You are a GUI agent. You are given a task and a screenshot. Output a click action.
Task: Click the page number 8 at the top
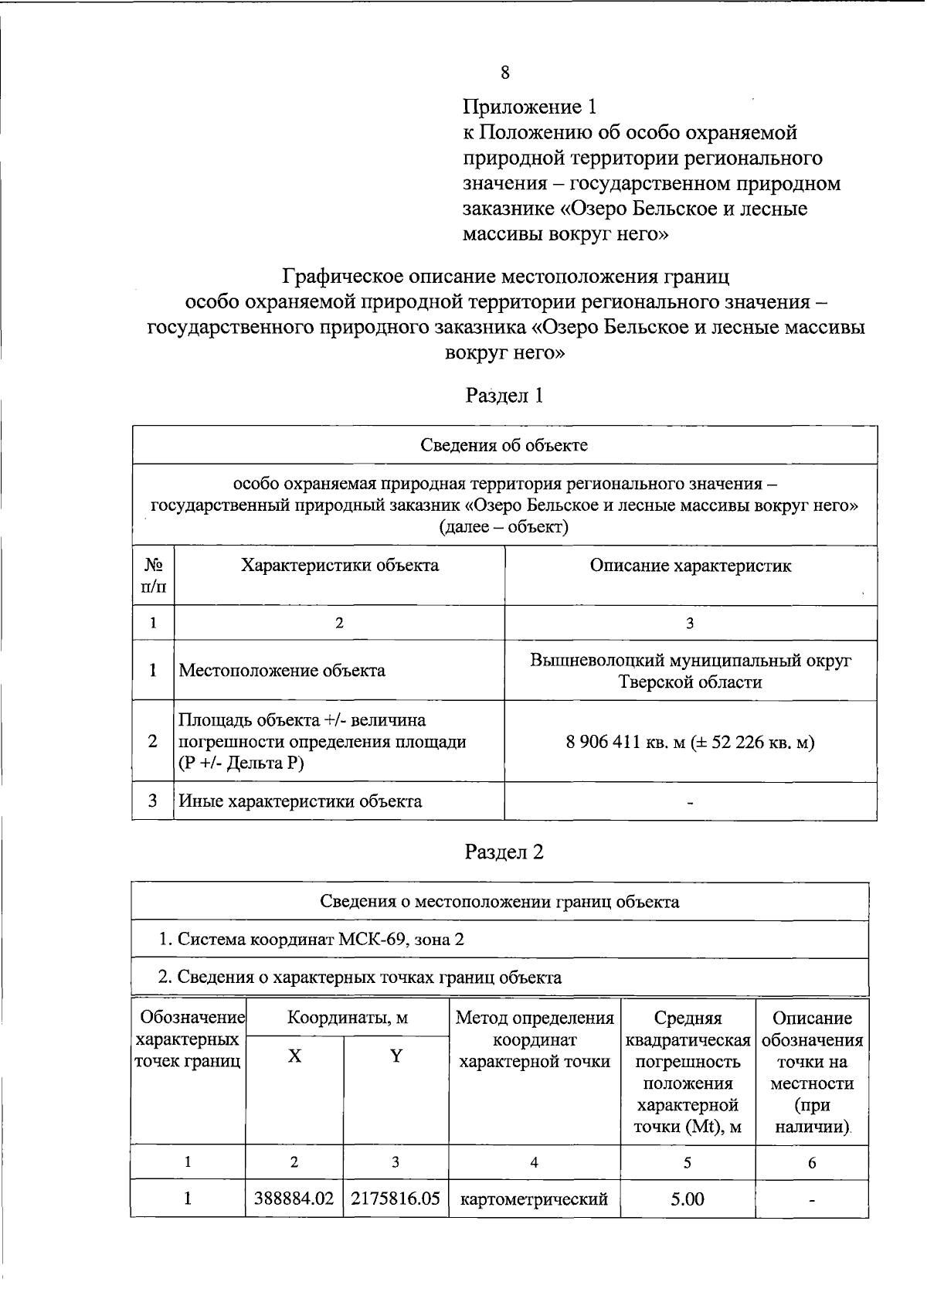[x=504, y=73]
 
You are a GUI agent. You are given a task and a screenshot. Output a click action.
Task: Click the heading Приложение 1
[x=530, y=107]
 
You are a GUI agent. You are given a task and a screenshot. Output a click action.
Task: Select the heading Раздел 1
[x=504, y=396]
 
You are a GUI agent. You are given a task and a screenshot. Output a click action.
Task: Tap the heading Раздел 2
[x=504, y=852]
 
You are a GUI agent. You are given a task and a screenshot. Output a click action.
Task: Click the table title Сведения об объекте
[x=504, y=445]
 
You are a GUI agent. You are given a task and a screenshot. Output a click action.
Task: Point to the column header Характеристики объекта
[x=339, y=566]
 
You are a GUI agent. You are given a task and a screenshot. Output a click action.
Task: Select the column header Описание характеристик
[x=690, y=566]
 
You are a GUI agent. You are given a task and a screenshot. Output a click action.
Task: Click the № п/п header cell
[x=153, y=576]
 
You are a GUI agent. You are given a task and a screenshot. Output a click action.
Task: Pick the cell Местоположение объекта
[x=282, y=671]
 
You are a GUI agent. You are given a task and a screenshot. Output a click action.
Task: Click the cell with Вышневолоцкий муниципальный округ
[x=690, y=661]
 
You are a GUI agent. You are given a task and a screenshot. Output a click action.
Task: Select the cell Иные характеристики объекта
[x=301, y=801]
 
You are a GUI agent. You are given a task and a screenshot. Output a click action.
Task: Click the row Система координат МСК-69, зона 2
[x=311, y=940]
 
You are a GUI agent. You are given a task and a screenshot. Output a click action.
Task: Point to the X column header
[x=294, y=1056]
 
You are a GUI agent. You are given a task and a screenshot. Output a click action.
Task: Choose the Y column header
[x=396, y=1056]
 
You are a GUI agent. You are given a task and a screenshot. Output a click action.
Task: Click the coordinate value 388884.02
[x=294, y=1199]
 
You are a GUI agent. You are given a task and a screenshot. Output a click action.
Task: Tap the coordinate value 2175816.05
[x=396, y=1199]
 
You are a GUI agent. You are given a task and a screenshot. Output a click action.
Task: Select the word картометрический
[x=535, y=1199]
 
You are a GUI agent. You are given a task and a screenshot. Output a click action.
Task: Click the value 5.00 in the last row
[x=688, y=1199]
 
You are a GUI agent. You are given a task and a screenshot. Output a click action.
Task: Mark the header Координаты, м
[x=347, y=1018]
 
